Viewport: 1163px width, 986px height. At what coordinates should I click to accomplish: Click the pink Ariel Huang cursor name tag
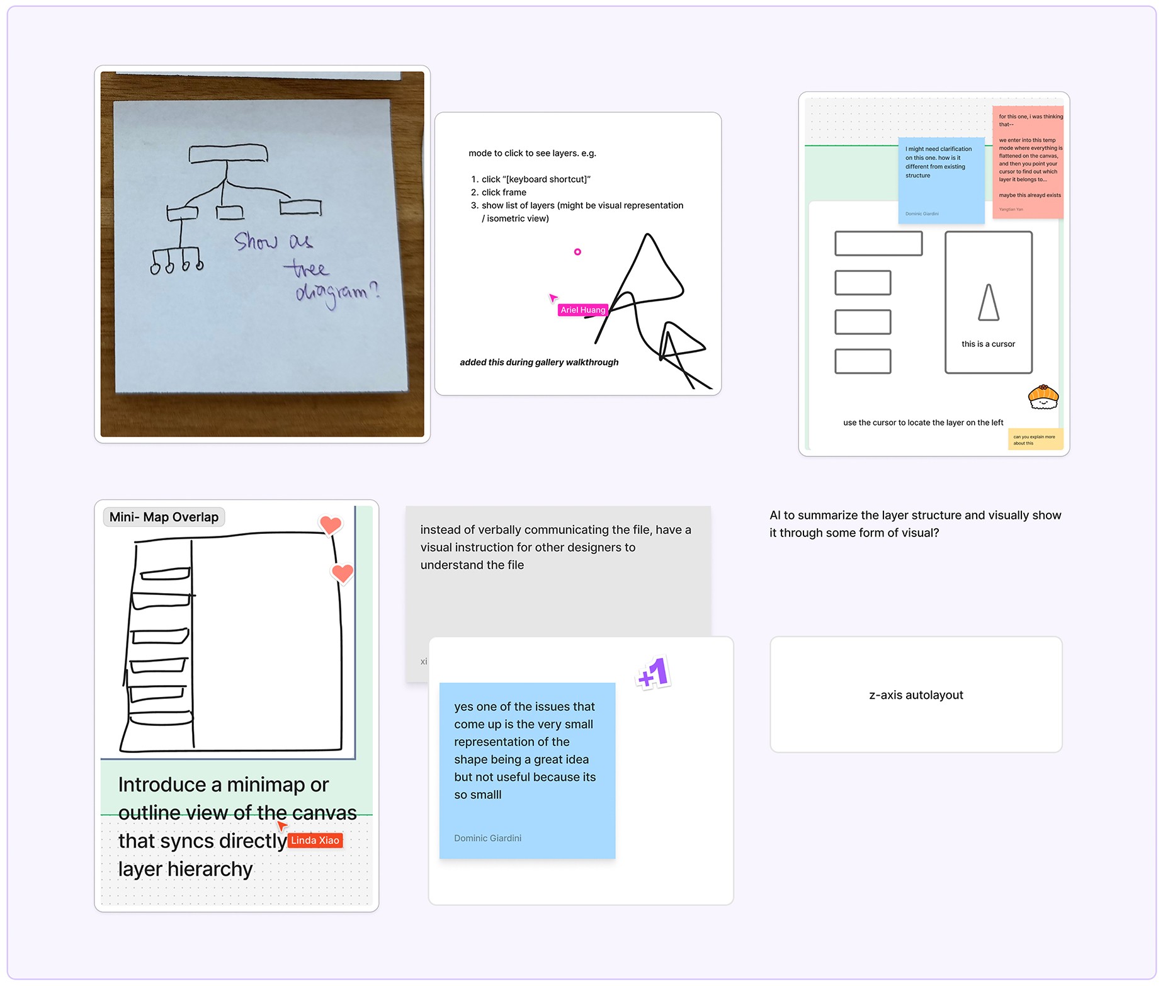[582, 310]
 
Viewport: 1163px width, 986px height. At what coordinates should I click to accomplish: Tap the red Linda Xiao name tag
[315, 841]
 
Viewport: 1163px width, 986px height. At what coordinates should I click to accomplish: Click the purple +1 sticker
[653, 674]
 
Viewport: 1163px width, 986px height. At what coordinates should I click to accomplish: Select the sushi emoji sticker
[1043, 397]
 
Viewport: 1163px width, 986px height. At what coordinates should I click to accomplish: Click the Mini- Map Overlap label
[164, 517]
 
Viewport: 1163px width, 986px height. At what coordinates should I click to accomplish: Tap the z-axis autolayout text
[916, 695]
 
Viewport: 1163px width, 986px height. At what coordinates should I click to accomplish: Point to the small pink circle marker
[577, 252]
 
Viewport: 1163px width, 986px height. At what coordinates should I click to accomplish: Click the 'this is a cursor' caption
[988, 344]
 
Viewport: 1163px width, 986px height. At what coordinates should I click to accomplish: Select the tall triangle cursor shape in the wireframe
[989, 303]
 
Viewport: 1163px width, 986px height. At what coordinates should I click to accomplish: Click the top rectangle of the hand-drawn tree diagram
[228, 153]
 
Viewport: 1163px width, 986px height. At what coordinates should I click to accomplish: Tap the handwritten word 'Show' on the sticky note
[255, 241]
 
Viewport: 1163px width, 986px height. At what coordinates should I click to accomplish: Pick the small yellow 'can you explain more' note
[1035, 439]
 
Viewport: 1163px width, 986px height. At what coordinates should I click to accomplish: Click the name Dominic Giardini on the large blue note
[487, 838]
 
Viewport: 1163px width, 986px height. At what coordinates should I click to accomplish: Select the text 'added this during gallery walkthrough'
[539, 362]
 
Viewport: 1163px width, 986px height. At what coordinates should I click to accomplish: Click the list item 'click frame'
[504, 193]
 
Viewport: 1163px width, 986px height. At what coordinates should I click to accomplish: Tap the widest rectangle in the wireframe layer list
[878, 244]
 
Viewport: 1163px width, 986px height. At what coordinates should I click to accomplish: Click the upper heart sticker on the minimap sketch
[331, 524]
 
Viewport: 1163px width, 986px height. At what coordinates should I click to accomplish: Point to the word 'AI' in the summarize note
[774, 515]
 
